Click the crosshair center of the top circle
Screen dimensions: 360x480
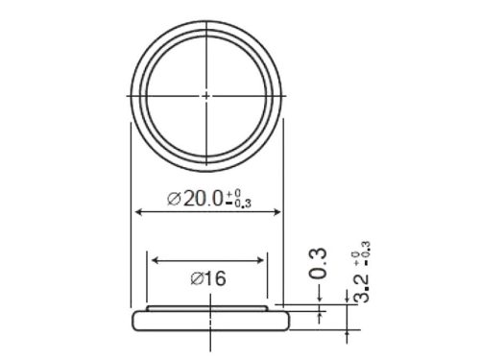(x=207, y=95)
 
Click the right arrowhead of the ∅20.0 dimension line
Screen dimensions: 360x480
(x=280, y=211)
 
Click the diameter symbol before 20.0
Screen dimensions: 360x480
(x=174, y=199)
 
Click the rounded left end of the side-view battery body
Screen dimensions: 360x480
(x=131, y=321)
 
